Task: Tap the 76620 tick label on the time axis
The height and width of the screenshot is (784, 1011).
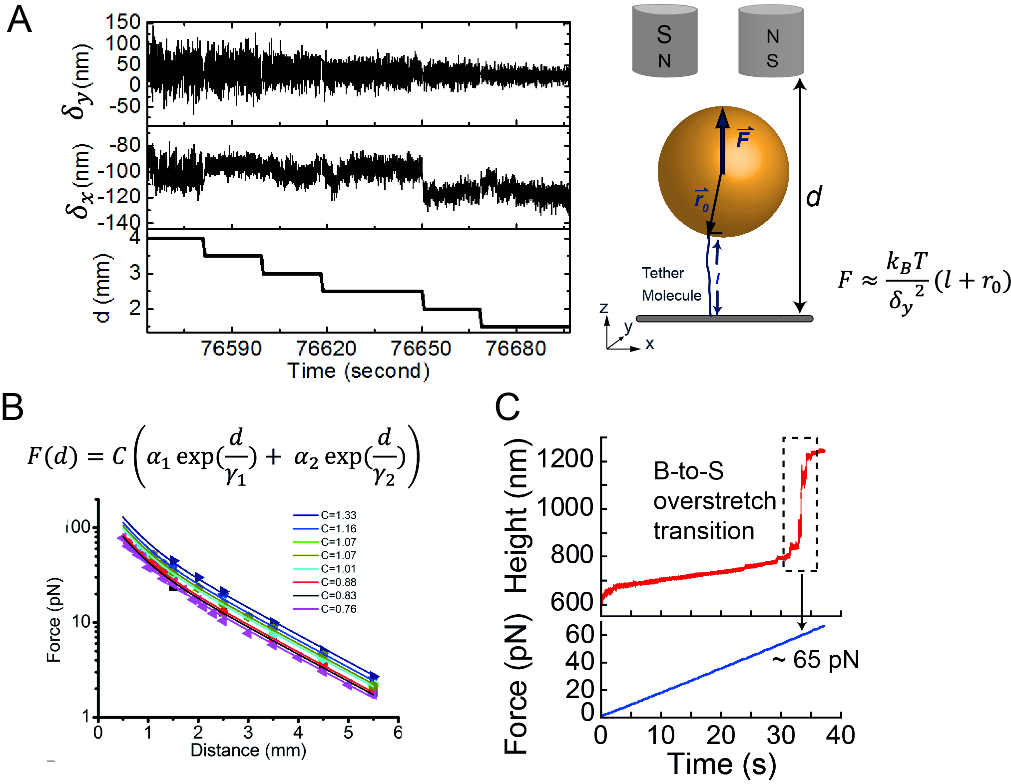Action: point(326,348)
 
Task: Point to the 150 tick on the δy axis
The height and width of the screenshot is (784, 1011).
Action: point(123,22)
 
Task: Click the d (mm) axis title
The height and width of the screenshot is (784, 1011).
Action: point(102,288)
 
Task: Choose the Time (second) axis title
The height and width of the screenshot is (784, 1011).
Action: point(358,371)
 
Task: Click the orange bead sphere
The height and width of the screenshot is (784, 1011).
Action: point(723,171)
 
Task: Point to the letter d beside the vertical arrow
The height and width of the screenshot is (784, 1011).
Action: point(814,197)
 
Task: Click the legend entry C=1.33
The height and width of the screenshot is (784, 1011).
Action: point(338,515)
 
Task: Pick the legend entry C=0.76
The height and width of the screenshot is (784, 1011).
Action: point(338,609)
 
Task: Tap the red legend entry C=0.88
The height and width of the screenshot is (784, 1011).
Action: point(338,582)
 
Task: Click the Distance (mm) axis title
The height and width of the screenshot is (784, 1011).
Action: point(248,750)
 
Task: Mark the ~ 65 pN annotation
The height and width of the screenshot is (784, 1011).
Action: point(816,660)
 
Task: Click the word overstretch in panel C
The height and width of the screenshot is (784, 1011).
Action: point(714,501)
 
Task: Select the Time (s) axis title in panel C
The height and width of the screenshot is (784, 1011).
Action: point(721,764)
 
